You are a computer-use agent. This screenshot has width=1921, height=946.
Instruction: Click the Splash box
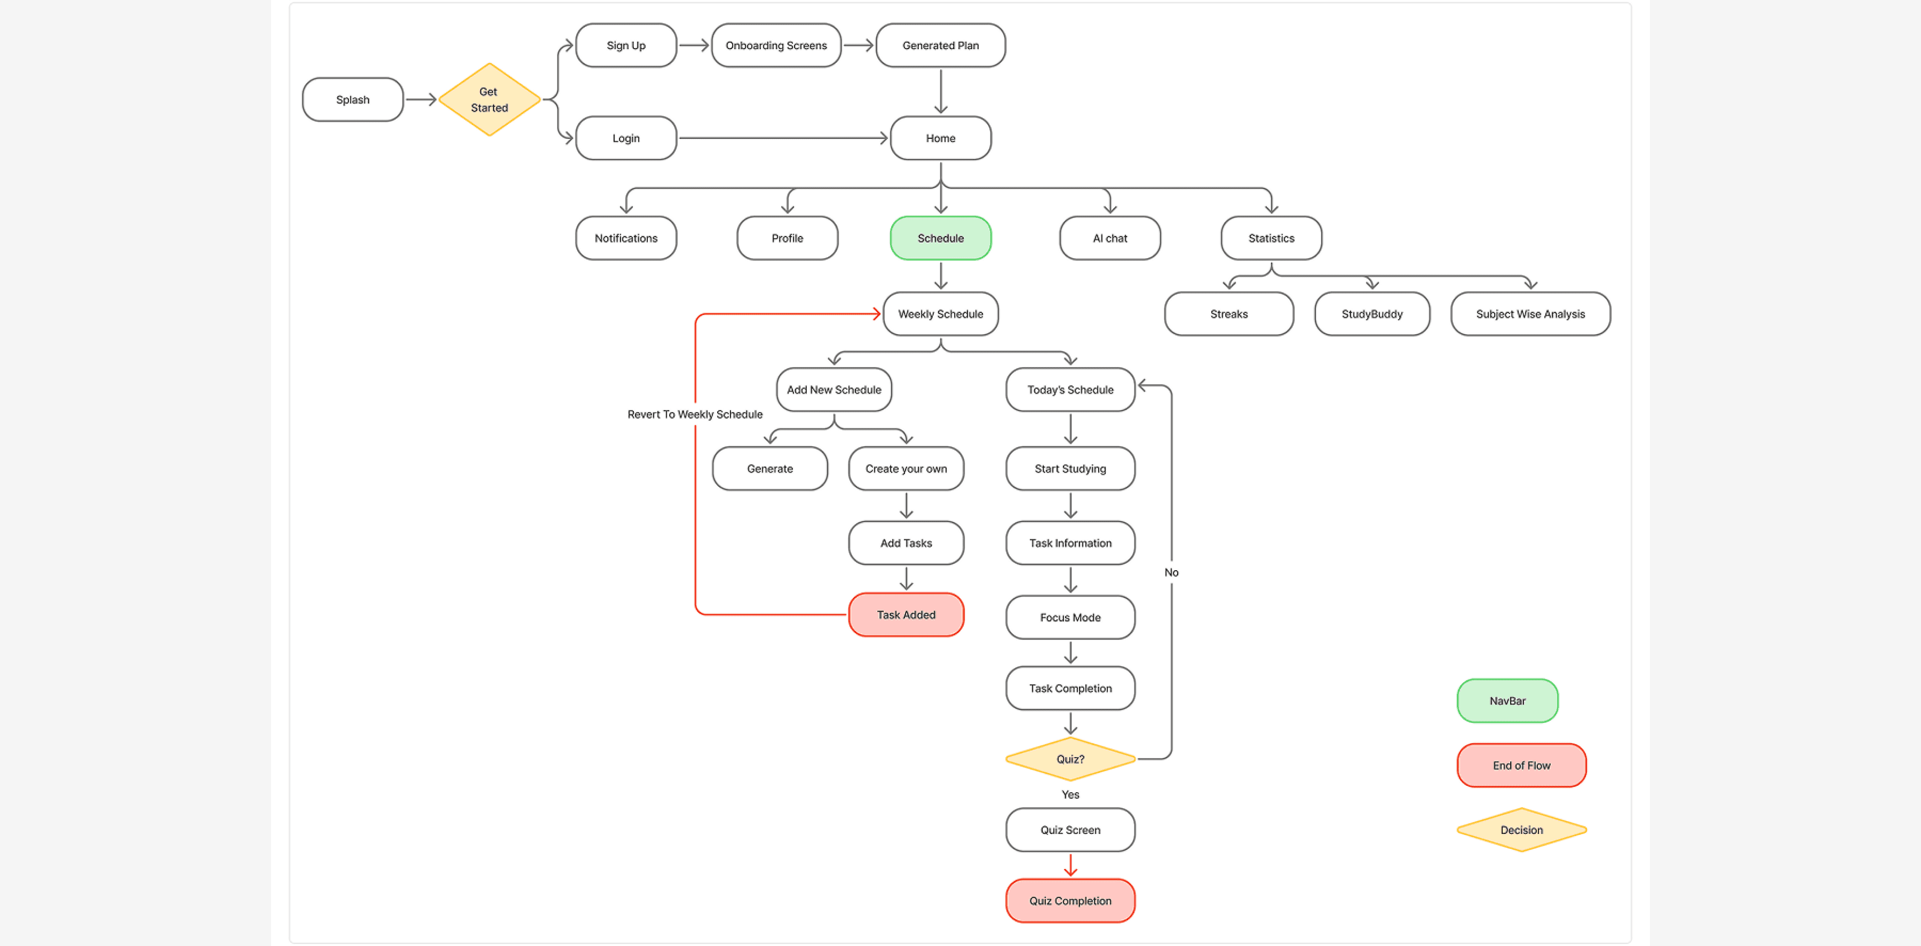coord(353,99)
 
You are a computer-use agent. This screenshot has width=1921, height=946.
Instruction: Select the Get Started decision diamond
coord(489,99)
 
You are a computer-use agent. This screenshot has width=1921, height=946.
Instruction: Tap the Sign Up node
coord(625,46)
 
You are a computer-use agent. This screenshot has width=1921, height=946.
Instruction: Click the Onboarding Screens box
coord(776,46)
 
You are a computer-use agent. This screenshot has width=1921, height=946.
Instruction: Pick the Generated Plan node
coord(940,46)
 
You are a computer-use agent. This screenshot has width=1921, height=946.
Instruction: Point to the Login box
coord(625,138)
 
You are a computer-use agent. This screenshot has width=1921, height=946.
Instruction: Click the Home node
coord(940,138)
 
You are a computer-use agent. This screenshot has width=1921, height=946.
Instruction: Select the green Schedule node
coord(940,238)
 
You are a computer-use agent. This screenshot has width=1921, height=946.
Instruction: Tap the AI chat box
coord(1110,238)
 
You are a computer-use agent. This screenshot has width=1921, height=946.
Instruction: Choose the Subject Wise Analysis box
coord(1530,314)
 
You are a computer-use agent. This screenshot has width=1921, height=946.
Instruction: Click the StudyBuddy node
coord(1371,314)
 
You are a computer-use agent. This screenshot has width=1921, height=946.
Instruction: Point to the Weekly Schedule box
coord(940,314)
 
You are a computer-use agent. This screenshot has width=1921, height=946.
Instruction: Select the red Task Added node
coord(906,615)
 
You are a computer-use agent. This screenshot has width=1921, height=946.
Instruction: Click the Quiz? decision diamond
coord(1070,759)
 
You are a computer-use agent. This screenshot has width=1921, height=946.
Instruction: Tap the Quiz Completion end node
coord(1070,900)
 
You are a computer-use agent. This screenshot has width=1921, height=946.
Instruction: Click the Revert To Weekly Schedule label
coord(694,414)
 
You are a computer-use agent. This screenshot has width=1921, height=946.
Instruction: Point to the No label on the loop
coord(1171,572)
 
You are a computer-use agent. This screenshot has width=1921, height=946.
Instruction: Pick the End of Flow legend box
coord(1522,766)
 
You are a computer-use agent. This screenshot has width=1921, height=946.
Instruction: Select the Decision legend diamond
coord(1522,829)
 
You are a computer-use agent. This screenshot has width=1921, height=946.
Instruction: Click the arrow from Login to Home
coord(783,138)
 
